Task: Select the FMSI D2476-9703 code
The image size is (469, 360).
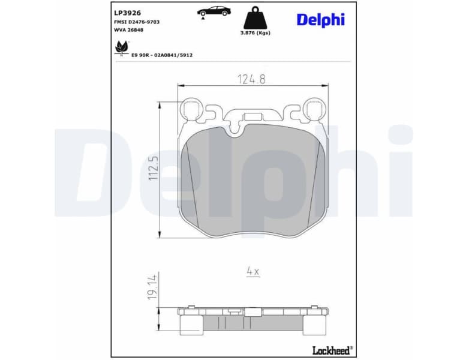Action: [x=137, y=22]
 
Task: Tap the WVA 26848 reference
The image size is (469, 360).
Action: [x=129, y=31]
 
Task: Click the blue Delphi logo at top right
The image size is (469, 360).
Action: [x=321, y=19]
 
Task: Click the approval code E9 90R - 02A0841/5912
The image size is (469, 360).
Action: [x=162, y=55]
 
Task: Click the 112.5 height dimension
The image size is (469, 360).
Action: [x=154, y=169]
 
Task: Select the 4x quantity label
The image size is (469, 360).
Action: [x=252, y=272]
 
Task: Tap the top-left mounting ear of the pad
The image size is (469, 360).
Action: [x=193, y=110]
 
